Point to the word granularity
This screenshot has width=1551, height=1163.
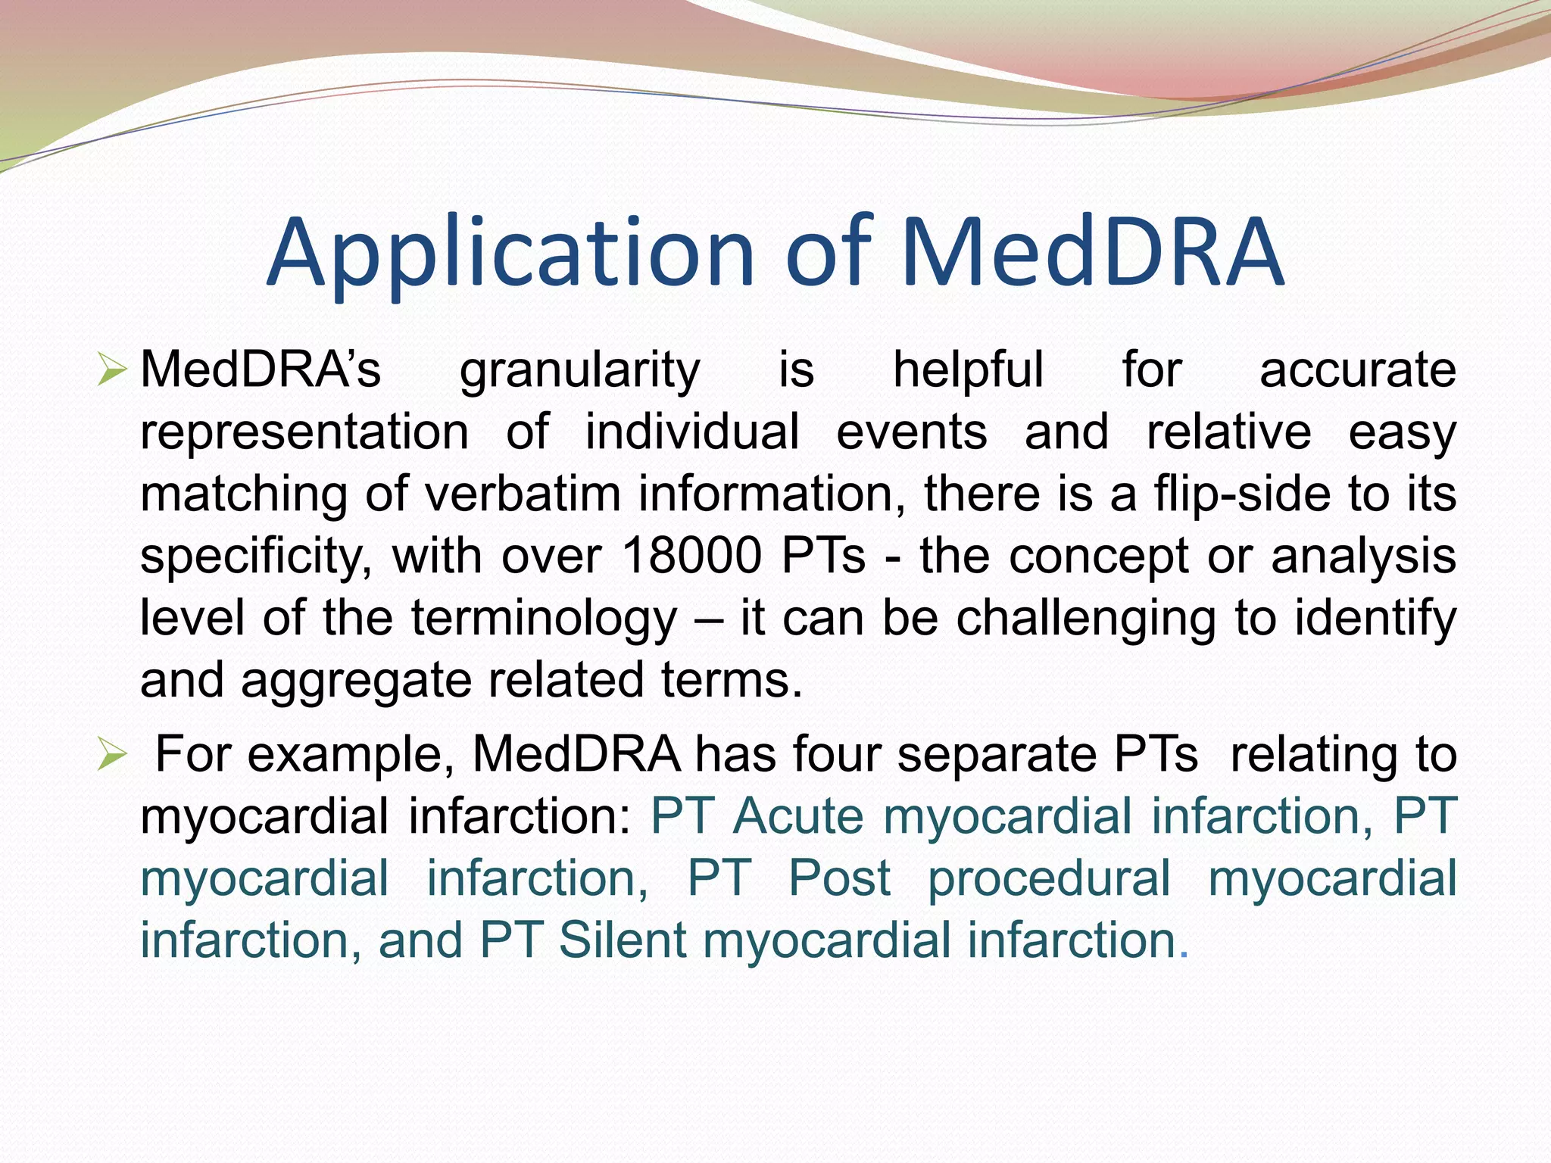click(x=580, y=371)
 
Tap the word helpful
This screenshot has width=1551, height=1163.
click(x=969, y=371)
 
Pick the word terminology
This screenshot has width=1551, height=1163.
click(x=545, y=618)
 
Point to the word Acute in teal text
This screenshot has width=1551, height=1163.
click(x=798, y=816)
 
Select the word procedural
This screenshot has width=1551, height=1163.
click(x=1049, y=878)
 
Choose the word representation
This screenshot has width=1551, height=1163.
click(x=304, y=432)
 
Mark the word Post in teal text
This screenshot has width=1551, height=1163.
click(x=839, y=878)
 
